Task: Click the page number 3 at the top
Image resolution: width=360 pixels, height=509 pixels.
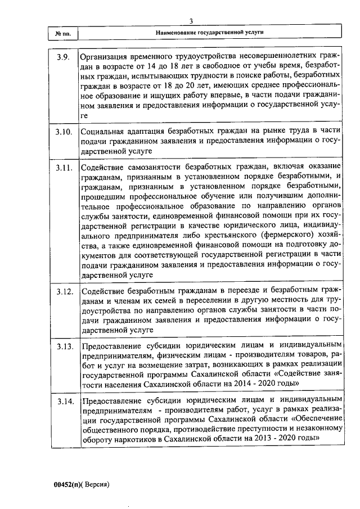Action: coord(192,21)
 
